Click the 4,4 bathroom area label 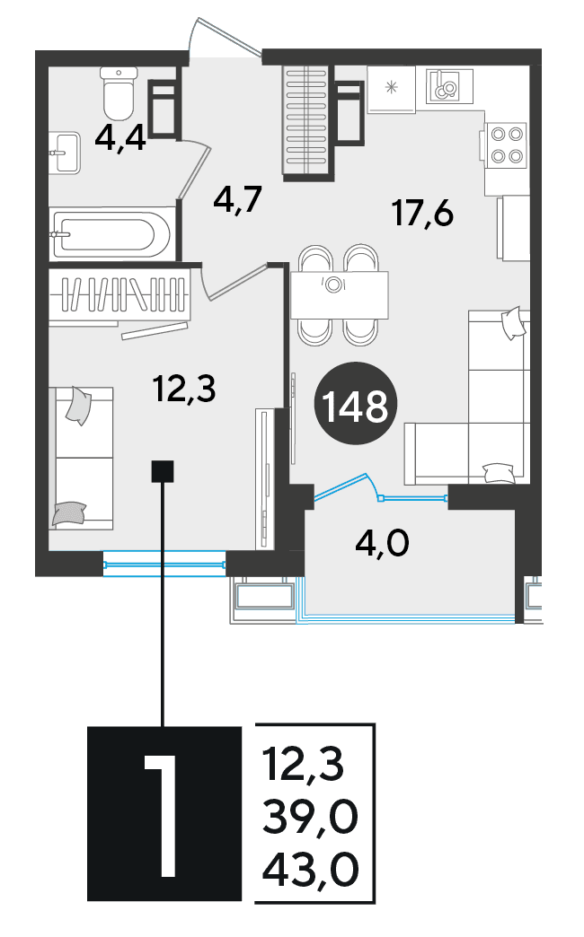tap(120, 140)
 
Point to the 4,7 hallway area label tap(238, 200)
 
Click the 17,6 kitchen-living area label tap(423, 214)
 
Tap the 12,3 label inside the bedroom tap(183, 389)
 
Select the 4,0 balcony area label tap(382, 544)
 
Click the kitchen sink tap(449, 85)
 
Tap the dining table tap(340, 295)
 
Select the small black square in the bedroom tap(163, 471)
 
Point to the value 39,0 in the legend tap(310, 819)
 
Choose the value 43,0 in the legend tap(311, 870)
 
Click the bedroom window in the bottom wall tap(164, 565)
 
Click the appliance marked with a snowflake tap(391, 90)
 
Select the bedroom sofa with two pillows tap(82, 458)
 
